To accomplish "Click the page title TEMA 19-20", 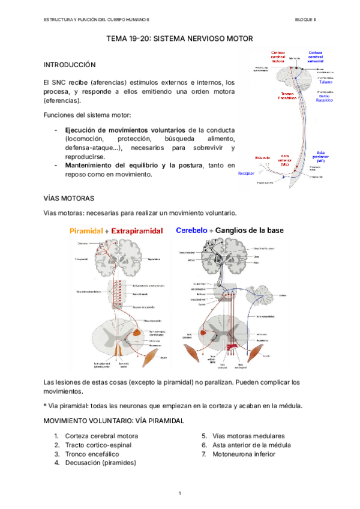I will (x=179, y=38).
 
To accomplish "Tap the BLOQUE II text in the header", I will (x=305, y=20).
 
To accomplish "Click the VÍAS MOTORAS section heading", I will (x=68, y=197).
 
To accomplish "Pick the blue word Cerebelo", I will (x=195, y=230).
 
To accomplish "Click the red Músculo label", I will (x=263, y=158).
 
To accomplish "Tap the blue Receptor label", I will (x=247, y=173).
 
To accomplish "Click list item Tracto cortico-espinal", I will (x=98, y=445).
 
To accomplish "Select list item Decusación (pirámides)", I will (x=100, y=463).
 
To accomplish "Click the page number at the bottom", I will (x=179, y=493).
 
